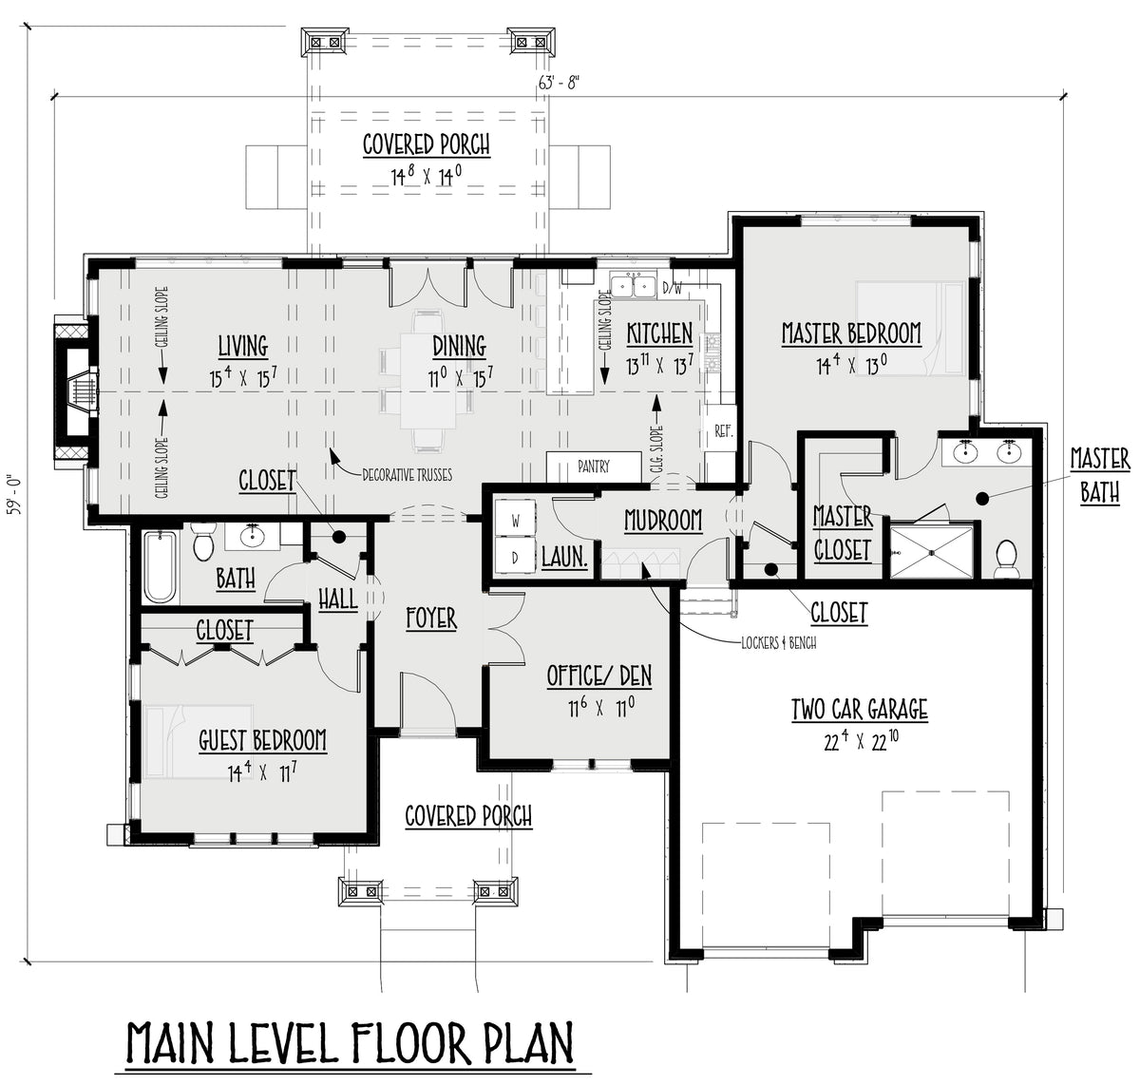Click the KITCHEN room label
point(659,334)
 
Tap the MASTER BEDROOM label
point(851,333)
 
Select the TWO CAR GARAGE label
point(860,709)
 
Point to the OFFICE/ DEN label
point(599,676)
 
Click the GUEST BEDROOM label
point(263,740)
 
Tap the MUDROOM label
point(663,521)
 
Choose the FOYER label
point(431,619)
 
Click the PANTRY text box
point(594,466)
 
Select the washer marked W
point(515,521)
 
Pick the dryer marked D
point(515,558)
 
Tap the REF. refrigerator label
point(724,431)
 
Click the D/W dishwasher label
point(672,288)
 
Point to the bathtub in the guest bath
point(160,566)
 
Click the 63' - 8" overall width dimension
point(559,83)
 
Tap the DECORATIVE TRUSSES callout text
point(407,475)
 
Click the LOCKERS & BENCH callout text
point(779,643)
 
